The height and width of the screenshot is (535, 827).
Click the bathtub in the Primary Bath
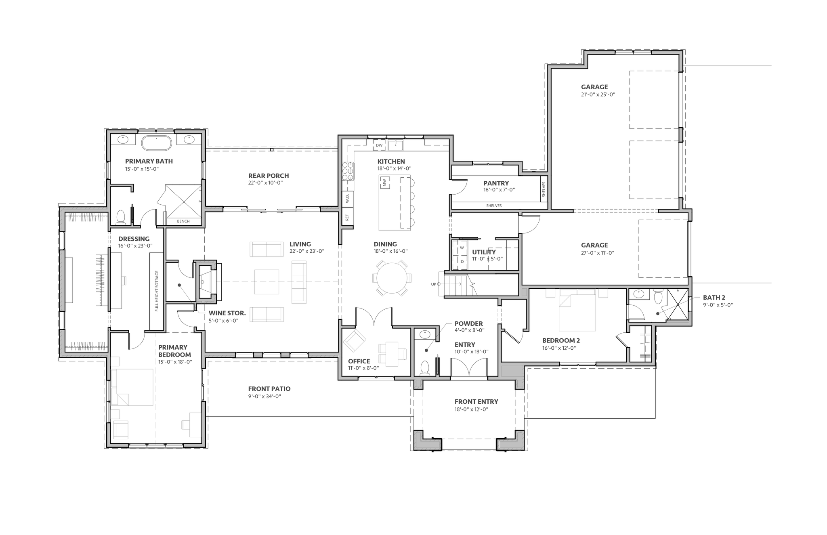[157, 143]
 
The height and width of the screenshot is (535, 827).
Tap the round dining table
[391, 279]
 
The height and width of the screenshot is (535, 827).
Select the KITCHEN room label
[391, 162]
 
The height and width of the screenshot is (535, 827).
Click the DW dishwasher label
[379, 145]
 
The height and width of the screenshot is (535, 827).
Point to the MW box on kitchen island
[384, 183]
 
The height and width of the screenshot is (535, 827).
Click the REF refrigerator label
[347, 218]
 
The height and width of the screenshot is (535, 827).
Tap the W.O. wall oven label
[347, 198]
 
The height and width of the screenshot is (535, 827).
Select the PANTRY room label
[496, 183]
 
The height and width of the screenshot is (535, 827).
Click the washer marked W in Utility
[462, 248]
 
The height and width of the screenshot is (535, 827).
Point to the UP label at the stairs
[434, 284]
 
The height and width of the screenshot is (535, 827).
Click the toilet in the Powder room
[424, 368]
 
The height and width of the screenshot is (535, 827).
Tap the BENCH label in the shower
[183, 221]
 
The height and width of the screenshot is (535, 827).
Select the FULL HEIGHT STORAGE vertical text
[157, 291]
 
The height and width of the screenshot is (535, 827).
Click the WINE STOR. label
[227, 313]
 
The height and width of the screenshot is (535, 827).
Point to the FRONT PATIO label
[269, 389]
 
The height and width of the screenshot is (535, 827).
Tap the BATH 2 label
[714, 298]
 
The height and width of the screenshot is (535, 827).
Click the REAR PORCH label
[269, 176]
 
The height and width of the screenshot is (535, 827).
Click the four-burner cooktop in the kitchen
[348, 171]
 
